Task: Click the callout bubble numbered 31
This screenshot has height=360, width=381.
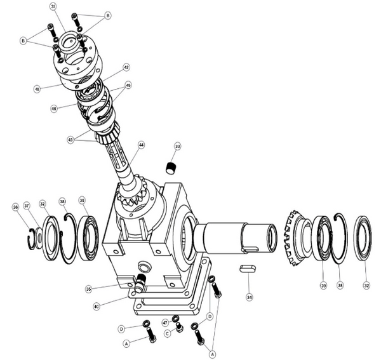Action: point(53,6)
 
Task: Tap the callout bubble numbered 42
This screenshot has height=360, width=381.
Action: point(126,67)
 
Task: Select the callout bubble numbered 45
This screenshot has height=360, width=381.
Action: point(128,84)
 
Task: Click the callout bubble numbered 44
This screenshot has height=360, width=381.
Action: point(141,145)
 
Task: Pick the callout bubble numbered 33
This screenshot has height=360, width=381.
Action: point(178,147)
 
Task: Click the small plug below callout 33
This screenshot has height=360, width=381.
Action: point(170,168)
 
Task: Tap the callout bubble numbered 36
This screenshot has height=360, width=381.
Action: point(15,207)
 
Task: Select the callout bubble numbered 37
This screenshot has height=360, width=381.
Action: point(27,206)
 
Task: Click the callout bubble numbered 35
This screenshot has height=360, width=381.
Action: point(89,289)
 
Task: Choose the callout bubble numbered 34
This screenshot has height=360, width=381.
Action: point(250,297)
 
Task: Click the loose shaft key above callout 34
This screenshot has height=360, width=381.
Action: point(248,269)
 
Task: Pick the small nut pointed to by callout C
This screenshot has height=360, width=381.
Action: point(179,328)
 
